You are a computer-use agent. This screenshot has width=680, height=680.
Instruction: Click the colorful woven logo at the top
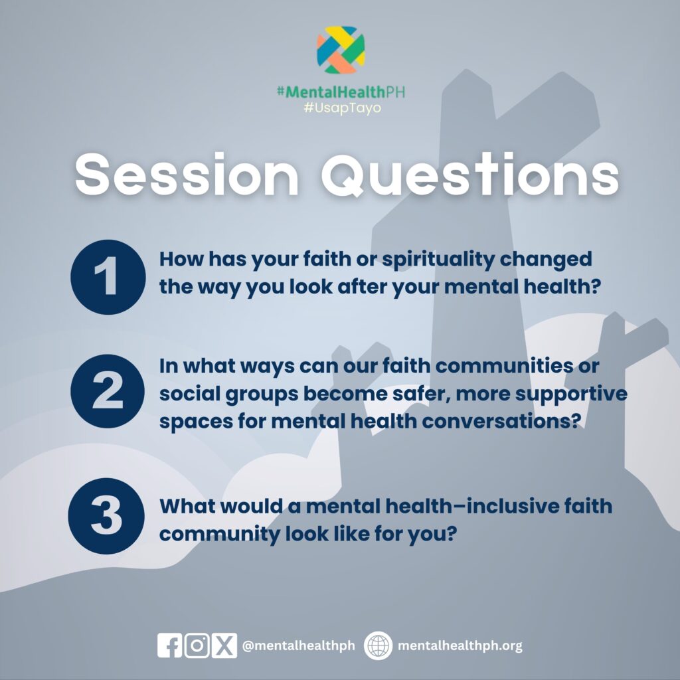pyautogui.click(x=341, y=50)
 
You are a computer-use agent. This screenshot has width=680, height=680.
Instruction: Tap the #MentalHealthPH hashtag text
pyautogui.click(x=341, y=92)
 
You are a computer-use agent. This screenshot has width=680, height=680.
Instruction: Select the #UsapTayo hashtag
pyautogui.click(x=342, y=108)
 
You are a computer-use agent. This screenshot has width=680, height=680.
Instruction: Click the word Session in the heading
pyautogui.click(x=187, y=175)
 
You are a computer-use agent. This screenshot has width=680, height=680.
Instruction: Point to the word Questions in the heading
pyautogui.click(x=469, y=175)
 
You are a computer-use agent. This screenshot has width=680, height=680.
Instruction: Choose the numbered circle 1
pyautogui.click(x=108, y=277)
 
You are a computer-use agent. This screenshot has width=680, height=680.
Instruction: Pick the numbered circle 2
pyautogui.click(x=108, y=391)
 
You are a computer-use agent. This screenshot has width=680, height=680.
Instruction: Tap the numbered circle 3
pyautogui.click(x=106, y=516)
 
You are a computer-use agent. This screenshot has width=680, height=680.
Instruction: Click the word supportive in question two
pyautogui.click(x=571, y=394)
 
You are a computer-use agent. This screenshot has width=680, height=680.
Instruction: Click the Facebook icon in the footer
pyautogui.click(x=169, y=645)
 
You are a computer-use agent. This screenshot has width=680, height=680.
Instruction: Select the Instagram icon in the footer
pyautogui.click(x=197, y=645)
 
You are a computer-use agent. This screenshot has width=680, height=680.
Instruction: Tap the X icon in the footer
pyautogui.click(x=224, y=645)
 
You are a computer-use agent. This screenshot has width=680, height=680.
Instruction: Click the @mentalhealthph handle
pyautogui.click(x=298, y=645)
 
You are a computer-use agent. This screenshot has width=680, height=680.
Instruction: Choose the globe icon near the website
pyautogui.click(x=378, y=645)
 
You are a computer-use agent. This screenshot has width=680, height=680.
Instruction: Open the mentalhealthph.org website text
pyautogui.click(x=460, y=645)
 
